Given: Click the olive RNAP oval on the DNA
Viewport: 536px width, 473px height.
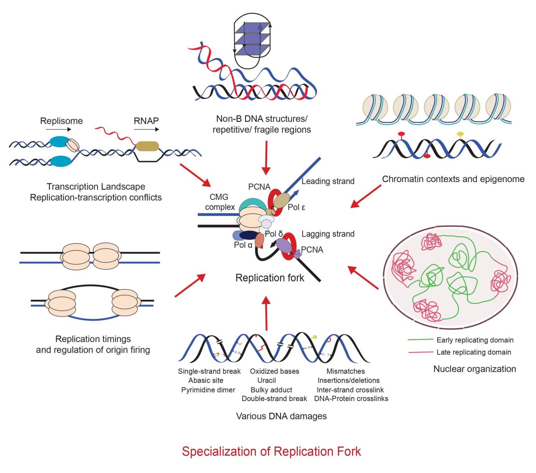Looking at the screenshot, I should click(147, 146).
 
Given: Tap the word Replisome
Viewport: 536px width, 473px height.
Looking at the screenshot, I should click(61, 121).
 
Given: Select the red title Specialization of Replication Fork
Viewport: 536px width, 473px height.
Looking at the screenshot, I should click(271, 451).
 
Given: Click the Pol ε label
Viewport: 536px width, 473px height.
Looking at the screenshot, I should click(296, 207).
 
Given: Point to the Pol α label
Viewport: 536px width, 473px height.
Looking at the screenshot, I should click(243, 245).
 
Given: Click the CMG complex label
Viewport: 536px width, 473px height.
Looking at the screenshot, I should click(219, 202).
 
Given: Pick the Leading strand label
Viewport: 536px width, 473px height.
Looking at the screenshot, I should click(328, 181).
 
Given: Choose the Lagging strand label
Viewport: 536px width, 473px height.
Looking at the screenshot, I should click(328, 234).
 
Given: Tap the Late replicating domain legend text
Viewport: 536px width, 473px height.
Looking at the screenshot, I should click(474, 352).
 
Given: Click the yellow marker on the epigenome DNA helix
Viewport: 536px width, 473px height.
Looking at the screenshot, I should click(460, 134).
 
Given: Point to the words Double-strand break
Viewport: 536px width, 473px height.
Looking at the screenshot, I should click(274, 399).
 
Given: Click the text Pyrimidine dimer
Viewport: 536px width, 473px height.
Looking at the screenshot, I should click(208, 390).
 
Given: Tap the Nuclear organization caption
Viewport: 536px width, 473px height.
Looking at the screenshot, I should click(474, 369).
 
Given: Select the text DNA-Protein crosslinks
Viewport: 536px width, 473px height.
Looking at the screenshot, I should click(351, 399).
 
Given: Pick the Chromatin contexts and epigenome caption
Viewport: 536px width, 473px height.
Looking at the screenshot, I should click(453, 179).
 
